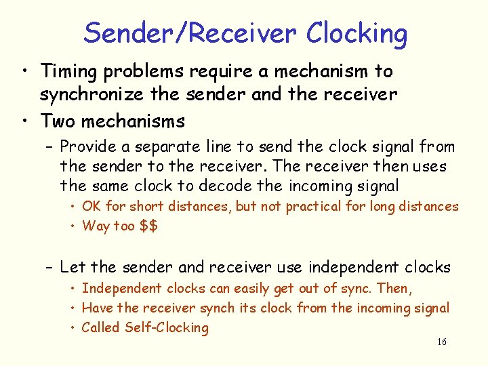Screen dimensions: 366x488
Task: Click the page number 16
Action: pyautogui.click(x=442, y=342)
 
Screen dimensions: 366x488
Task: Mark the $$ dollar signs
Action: pyautogui.click(x=148, y=226)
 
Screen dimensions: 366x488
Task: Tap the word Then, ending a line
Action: pyautogui.click(x=394, y=289)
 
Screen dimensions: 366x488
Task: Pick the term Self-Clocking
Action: pyautogui.click(x=167, y=328)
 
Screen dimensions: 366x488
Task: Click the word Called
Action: pyautogui.click(x=102, y=328)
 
